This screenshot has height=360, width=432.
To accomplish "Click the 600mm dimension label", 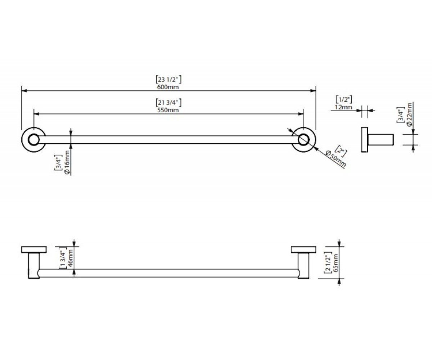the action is tap(168, 87).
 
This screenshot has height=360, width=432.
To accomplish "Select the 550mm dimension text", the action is tap(168, 110).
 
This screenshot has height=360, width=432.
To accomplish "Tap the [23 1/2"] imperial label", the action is tap(168, 80).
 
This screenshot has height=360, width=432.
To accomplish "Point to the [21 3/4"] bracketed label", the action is tap(168, 102).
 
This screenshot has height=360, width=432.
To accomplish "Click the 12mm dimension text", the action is tap(343, 107).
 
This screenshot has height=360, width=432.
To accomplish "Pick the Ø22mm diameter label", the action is tap(409, 114).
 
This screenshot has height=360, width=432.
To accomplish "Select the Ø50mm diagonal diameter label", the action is tap(336, 159).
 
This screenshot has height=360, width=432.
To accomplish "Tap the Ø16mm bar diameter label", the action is tap(67, 162).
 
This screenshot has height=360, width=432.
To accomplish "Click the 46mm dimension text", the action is tap(70, 258).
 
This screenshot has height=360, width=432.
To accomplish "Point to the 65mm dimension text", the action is tap(336, 263).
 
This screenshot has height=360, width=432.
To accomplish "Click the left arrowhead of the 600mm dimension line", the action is tap(24, 91).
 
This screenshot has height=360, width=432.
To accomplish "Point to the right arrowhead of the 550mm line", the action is tap(301, 114).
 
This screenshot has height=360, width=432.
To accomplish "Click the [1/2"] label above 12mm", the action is tap(344, 99).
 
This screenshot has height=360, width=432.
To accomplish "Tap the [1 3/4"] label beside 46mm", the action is tap(63, 258).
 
